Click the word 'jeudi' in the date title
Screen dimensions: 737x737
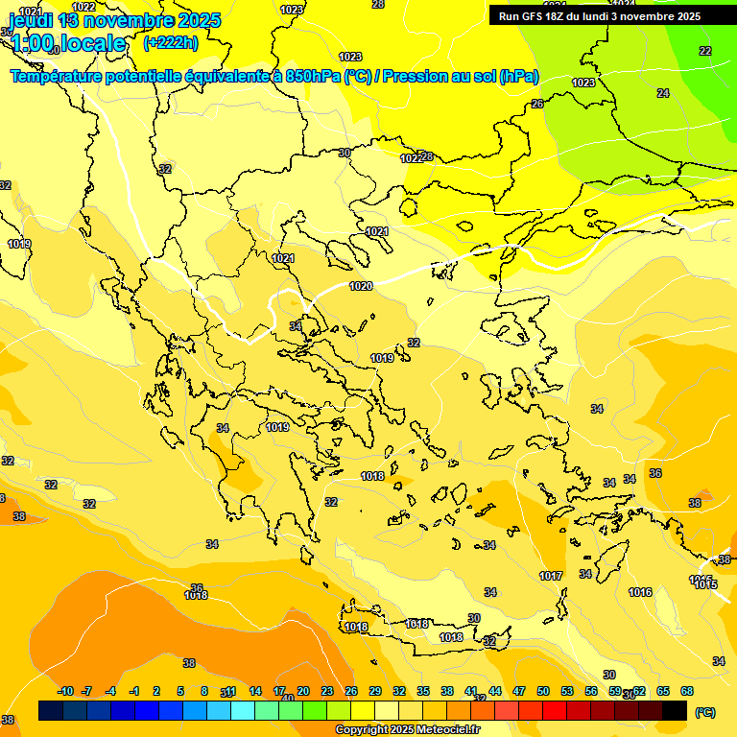click(x=30, y=20)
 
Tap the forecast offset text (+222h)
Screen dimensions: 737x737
click(x=171, y=43)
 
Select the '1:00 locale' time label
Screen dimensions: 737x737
click(x=69, y=43)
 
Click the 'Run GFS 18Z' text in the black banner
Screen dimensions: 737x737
click(x=533, y=16)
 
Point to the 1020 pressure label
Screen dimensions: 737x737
click(x=361, y=286)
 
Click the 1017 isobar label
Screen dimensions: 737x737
click(x=551, y=576)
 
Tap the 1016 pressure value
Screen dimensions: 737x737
click(x=641, y=592)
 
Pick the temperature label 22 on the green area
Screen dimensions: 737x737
click(x=705, y=51)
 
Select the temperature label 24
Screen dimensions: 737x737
click(x=663, y=93)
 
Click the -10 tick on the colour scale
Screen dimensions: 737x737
click(x=65, y=691)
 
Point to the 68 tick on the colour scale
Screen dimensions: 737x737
click(x=687, y=691)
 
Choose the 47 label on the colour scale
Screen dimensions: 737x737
click(x=519, y=691)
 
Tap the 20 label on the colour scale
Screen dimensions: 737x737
click(x=303, y=691)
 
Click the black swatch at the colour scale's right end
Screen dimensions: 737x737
click(x=675, y=710)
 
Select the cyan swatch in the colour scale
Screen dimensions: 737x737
click(x=243, y=710)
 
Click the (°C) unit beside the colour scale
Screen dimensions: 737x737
click(x=705, y=711)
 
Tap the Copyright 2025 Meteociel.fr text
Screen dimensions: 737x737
click(x=408, y=730)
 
